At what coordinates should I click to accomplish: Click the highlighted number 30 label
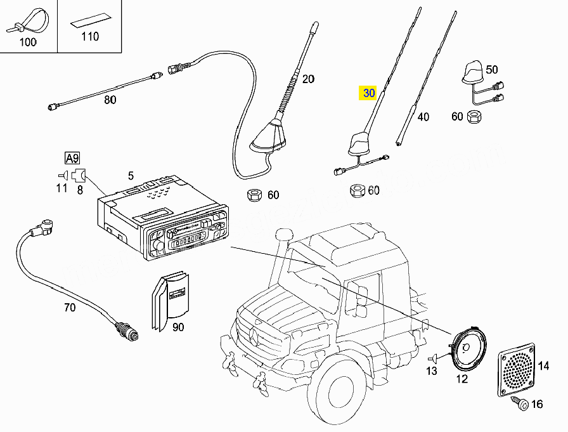pos(368,93)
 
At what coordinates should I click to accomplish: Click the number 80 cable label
pos(110,100)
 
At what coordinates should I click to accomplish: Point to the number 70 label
pos(70,308)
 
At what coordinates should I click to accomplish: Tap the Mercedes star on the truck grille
pos(254,335)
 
